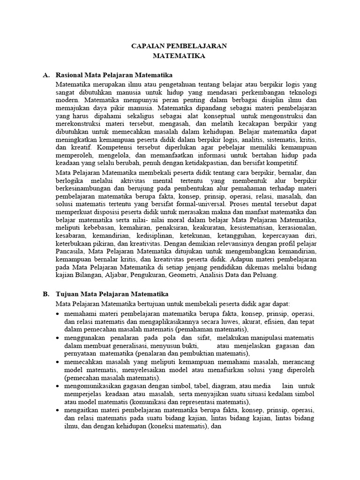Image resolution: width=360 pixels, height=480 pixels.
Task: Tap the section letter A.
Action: (45, 75)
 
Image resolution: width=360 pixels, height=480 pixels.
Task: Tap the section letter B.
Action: (45, 294)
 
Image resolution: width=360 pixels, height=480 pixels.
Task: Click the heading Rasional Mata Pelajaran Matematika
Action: (114, 75)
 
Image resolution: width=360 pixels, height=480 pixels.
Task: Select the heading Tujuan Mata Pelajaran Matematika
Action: (112, 294)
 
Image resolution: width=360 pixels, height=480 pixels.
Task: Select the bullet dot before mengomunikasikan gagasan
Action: (58, 386)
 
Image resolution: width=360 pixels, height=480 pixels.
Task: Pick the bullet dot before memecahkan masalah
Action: (58, 362)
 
